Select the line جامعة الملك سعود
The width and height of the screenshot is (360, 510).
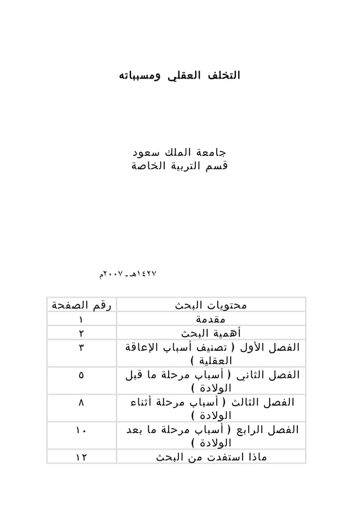178,153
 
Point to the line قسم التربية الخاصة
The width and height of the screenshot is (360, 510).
178,167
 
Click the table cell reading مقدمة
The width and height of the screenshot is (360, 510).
211,319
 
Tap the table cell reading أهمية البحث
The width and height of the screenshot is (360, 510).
211,333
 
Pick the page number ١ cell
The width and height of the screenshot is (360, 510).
81,319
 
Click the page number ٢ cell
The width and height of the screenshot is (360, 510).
81,333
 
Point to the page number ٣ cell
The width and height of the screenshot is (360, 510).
81,347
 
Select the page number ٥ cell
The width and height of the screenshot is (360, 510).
81,374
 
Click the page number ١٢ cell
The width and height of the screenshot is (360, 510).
81,457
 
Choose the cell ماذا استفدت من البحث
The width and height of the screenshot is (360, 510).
211,457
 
